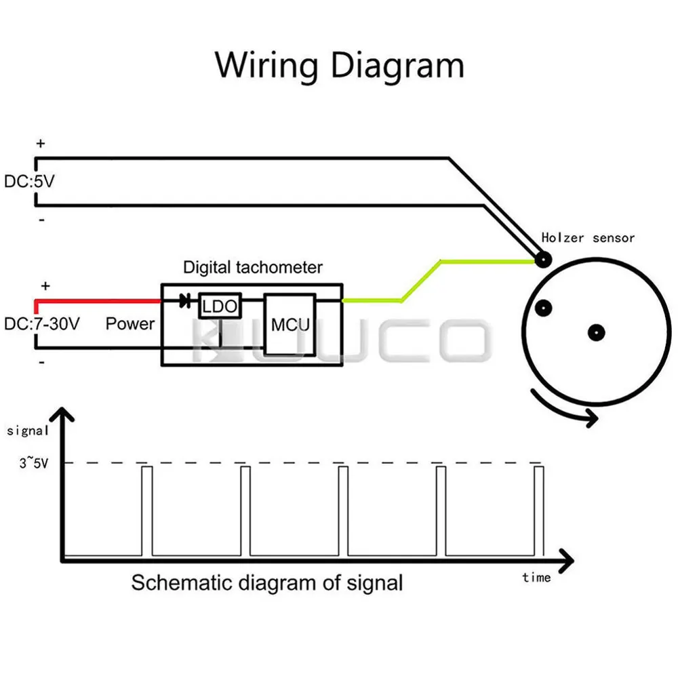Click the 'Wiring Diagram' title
(340, 66)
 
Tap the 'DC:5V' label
(29, 181)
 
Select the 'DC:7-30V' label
(42, 323)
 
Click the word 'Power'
(130, 323)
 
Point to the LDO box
(220, 306)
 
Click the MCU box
(290, 325)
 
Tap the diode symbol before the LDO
(185, 300)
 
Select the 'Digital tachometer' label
(253, 267)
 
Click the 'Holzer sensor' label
(588, 238)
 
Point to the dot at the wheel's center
(596, 332)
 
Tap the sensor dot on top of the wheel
(543, 260)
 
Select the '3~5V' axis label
(34, 463)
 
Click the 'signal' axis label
(27, 431)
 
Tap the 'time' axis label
(536, 577)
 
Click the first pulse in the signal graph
(147, 511)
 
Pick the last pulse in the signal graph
(539, 511)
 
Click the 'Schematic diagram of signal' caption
(266, 583)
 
